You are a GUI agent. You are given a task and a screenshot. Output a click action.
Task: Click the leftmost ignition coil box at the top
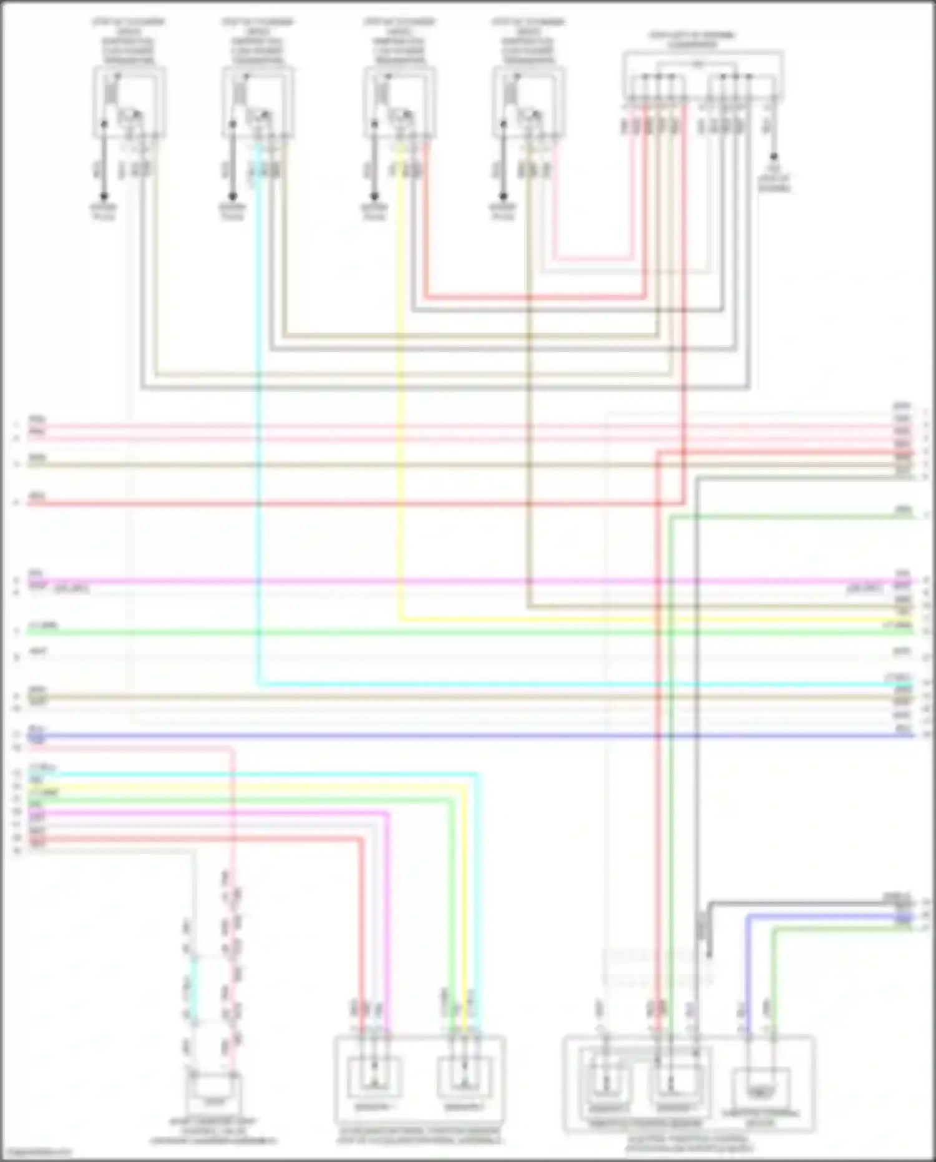coord(130,103)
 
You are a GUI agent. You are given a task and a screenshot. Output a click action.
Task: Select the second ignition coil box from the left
coord(258,103)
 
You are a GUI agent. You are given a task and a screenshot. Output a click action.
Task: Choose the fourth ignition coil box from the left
coord(528,103)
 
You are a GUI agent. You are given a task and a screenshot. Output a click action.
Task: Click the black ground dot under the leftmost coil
coord(104,195)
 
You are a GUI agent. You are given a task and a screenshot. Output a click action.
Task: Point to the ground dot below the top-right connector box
coord(774,157)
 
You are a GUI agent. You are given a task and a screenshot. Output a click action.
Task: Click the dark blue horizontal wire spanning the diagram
coord(468,736)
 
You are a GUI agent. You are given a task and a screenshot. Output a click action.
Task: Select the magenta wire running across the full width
coord(468,581)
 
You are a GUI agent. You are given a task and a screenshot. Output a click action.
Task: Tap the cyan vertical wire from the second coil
coord(258,437)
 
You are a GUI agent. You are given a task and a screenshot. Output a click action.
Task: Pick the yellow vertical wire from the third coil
coord(400,406)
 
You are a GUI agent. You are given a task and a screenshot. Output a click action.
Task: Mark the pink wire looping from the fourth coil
coord(593,257)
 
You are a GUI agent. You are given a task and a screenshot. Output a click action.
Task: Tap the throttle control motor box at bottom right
coord(761,1090)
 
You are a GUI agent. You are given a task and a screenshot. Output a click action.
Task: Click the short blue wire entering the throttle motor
coord(748,974)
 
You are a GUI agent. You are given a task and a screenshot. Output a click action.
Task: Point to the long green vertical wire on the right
coord(670,749)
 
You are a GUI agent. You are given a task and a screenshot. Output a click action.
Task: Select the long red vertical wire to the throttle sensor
coord(657,749)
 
